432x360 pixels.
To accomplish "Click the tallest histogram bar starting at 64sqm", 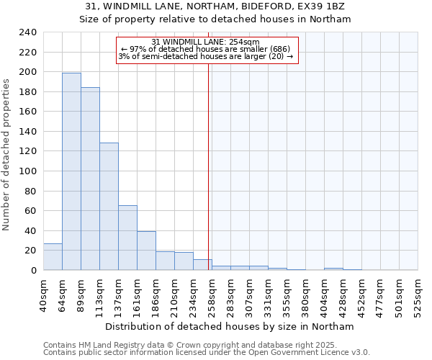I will tap(71, 171).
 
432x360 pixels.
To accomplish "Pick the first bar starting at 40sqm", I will tap(53, 257).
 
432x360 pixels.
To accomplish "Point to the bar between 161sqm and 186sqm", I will tap(146, 251).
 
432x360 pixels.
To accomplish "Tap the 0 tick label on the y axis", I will tap(33, 270).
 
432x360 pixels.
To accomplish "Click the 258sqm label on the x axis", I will tap(212, 293).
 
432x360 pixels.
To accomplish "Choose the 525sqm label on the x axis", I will tap(418, 293).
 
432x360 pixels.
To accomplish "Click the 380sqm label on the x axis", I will tap(305, 293).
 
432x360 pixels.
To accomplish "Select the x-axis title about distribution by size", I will tap(230, 326).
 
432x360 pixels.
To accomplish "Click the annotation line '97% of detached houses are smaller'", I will tap(205, 49).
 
